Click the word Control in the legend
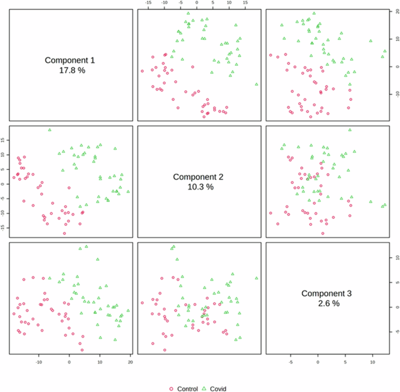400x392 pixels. click(187, 388)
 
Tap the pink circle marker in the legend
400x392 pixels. click(171, 388)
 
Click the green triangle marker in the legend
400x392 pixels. click(204, 388)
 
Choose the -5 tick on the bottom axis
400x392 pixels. click(291, 362)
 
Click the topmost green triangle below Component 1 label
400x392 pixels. click(50, 129)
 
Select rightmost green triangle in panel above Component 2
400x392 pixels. click(256, 84)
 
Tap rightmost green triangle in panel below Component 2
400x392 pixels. click(256, 278)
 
